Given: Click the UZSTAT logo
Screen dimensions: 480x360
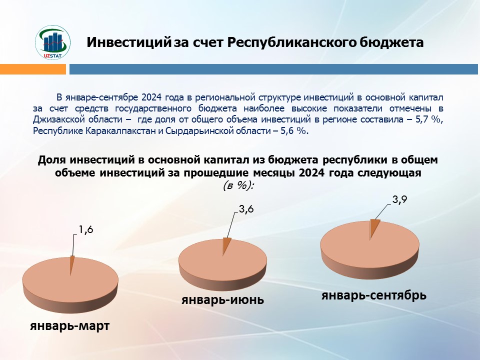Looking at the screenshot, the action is (x=52, y=42).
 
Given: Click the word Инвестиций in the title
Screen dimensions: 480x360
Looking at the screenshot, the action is (x=128, y=42).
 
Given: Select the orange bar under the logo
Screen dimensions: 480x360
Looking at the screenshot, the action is (x=33, y=69).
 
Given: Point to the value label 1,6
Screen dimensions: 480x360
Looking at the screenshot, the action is (x=85, y=229).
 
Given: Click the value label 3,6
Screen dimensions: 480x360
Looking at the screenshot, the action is (x=246, y=209).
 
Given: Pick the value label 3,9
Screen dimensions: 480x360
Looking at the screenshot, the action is (x=399, y=199).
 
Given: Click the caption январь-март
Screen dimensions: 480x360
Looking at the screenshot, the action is (x=70, y=325).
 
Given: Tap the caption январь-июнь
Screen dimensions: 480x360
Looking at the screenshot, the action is (x=222, y=299).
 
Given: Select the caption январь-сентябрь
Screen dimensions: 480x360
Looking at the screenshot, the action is (x=374, y=295).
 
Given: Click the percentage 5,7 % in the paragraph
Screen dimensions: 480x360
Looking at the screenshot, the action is (x=428, y=119).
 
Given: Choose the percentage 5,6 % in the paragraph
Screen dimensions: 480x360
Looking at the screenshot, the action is (x=293, y=131).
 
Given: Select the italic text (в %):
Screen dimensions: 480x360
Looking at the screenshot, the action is (x=239, y=185).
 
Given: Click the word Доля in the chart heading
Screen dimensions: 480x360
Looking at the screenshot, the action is (x=52, y=160).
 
